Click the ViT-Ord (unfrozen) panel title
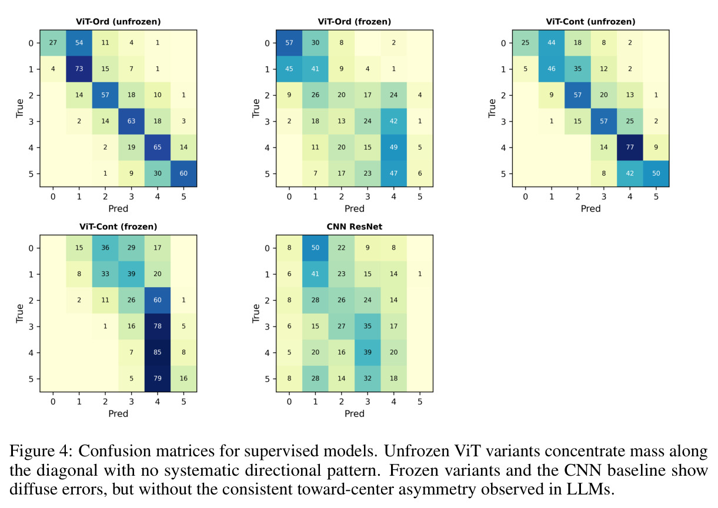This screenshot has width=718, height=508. click(118, 22)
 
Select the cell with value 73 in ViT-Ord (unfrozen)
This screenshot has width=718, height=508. click(79, 69)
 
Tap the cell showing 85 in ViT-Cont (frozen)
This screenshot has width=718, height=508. click(158, 352)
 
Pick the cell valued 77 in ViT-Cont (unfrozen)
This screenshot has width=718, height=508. click(630, 147)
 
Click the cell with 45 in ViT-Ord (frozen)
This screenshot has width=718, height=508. click(289, 69)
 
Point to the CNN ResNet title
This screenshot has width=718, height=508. click(355, 227)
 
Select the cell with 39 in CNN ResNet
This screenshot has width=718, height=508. click(368, 352)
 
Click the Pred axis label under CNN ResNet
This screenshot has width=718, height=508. click(355, 413)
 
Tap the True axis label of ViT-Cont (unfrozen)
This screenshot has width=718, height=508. click(492, 109)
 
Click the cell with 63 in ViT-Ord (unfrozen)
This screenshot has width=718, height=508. click(131, 122)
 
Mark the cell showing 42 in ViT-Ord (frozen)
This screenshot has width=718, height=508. click(393, 122)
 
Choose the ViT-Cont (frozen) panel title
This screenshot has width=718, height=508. click(118, 227)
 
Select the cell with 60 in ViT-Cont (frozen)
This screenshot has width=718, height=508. click(158, 300)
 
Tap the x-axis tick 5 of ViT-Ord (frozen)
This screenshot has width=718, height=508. click(420, 197)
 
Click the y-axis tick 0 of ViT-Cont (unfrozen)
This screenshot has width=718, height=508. click(503, 43)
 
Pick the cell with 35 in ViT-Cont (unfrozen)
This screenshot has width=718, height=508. click(577, 69)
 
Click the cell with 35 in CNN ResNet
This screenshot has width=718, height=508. click(368, 326)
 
